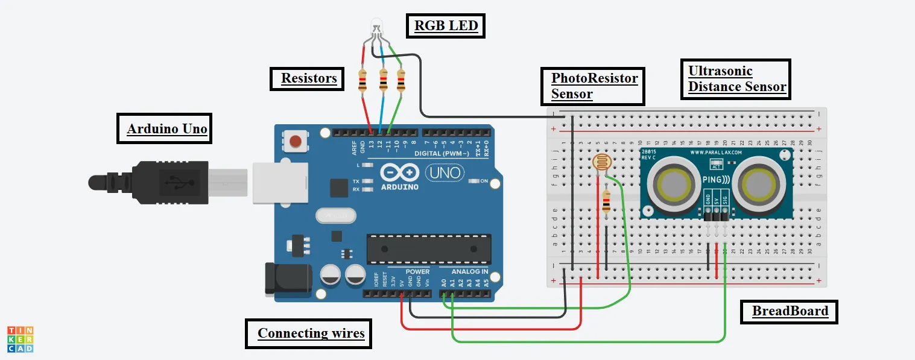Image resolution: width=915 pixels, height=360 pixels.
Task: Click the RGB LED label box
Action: click(x=446, y=26)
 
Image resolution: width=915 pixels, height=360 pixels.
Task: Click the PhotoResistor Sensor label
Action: click(x=594, y=86)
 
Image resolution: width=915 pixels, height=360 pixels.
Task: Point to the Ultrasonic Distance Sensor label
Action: click(x=736, y=79)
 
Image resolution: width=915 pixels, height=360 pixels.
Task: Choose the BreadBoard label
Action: click(x=789, y=312)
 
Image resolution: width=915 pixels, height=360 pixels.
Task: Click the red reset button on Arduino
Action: click(x=296, y=142)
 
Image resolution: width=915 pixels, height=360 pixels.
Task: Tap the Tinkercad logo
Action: click(x=21, y=339)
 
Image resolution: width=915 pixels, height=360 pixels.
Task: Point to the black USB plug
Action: click(x=157, y=180)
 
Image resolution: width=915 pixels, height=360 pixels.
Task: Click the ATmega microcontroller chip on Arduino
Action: click(x=429, y=248)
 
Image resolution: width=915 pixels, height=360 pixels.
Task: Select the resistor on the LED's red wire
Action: click(x=363, y=81)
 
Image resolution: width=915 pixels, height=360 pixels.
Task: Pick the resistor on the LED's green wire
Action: click(x=401, y=81)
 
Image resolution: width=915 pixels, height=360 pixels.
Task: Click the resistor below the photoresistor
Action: click(x=606, y=202)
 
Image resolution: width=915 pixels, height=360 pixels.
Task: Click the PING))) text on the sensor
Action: click(x=716, y=180)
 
